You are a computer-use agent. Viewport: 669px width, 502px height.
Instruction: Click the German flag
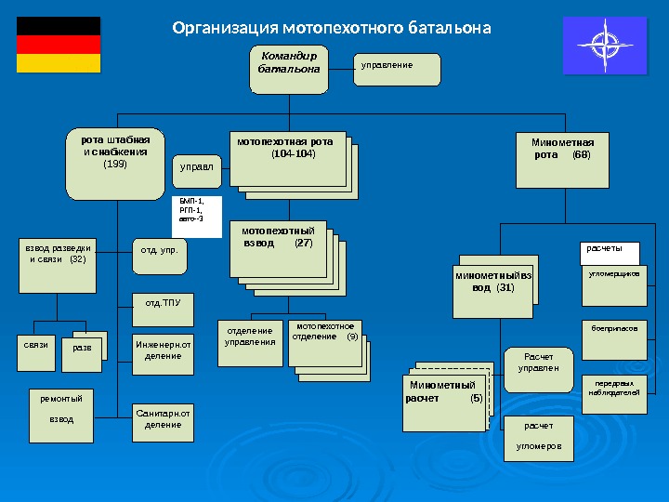(59, 45)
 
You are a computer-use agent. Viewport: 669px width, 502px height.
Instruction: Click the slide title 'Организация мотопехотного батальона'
(332, 28)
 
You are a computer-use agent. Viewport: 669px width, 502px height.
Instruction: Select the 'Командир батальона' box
(289, 68)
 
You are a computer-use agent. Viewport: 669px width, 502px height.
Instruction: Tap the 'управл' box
(197, 168)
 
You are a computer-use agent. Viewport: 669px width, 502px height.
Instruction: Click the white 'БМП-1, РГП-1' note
(198, 215)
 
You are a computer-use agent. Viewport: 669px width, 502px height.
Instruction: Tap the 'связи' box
(35, 346)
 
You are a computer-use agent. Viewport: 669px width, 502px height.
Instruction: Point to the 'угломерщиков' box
(614, 286)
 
